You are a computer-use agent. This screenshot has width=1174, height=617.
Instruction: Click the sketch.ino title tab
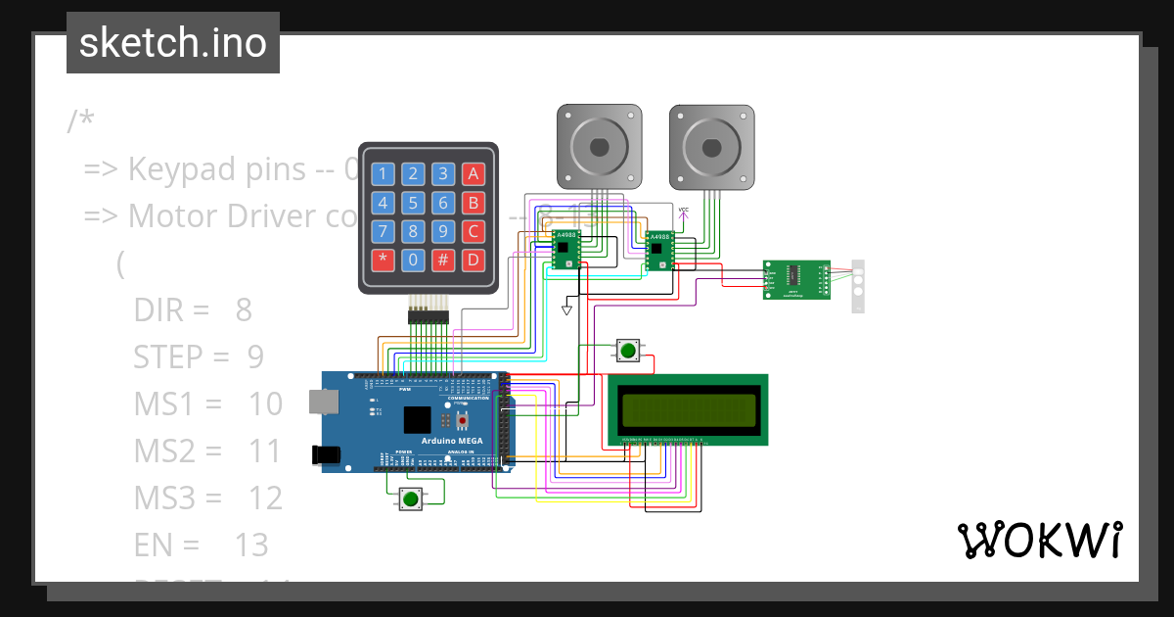[x=173, y=43]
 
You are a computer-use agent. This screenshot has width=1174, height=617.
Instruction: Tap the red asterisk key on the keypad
[x=384, y=261]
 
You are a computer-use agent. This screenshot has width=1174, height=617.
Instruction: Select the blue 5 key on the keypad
[x=414, y=204]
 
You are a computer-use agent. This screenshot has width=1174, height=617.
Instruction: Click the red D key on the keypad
[x=474, y=261]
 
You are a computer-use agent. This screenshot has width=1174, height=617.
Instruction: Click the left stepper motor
[x=600, y=147]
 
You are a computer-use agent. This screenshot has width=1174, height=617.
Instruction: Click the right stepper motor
[x=712, y=147]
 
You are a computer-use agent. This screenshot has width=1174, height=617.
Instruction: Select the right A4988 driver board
[x=660, y=250]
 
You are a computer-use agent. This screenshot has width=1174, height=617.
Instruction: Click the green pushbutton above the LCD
[x=628, y=351]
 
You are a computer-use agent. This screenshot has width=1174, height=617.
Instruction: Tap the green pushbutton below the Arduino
[x=410, y=499]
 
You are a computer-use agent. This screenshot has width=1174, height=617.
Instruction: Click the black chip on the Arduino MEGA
[x=417, y=419]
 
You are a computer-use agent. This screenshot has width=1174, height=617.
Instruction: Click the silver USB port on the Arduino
[x=321, y=401]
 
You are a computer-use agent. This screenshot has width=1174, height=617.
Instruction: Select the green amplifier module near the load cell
[x=796, y=279]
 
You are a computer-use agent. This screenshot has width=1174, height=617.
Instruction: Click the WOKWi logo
[x=1038, y=540]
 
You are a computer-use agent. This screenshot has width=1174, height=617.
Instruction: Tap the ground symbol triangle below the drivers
[x=566, y=309]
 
